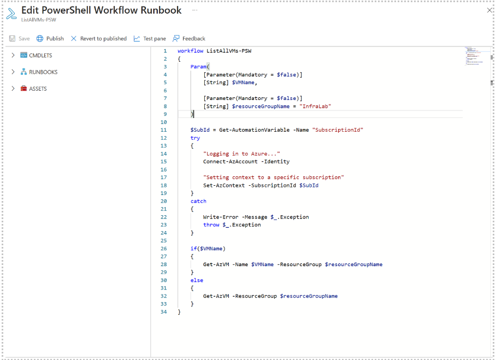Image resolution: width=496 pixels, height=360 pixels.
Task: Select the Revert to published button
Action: click(x=98, y=39)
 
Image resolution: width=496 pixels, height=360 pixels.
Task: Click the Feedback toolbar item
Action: click(x=189, y=39)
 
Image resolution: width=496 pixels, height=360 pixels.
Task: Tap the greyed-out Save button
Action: click(x=20, y=39)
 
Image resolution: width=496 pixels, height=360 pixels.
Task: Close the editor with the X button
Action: click(x=489, y=10)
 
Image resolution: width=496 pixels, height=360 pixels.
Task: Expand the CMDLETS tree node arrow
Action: click(x=13, y=55)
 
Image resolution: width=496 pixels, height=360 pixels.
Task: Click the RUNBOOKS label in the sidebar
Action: click(x=43, y=72)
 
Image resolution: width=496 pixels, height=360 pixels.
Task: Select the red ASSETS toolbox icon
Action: click(x=24, y=88)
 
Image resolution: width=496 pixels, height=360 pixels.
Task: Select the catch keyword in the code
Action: click(x=198, y=201)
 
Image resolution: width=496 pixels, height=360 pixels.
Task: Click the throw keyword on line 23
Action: click(x=211, y=225)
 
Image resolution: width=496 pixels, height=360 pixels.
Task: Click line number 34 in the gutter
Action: click(x=164, y=311)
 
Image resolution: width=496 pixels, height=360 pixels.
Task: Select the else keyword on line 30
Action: click(x=197, y=280)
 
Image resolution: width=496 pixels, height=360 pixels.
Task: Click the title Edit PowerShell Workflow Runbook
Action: click(x=102, y=10)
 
